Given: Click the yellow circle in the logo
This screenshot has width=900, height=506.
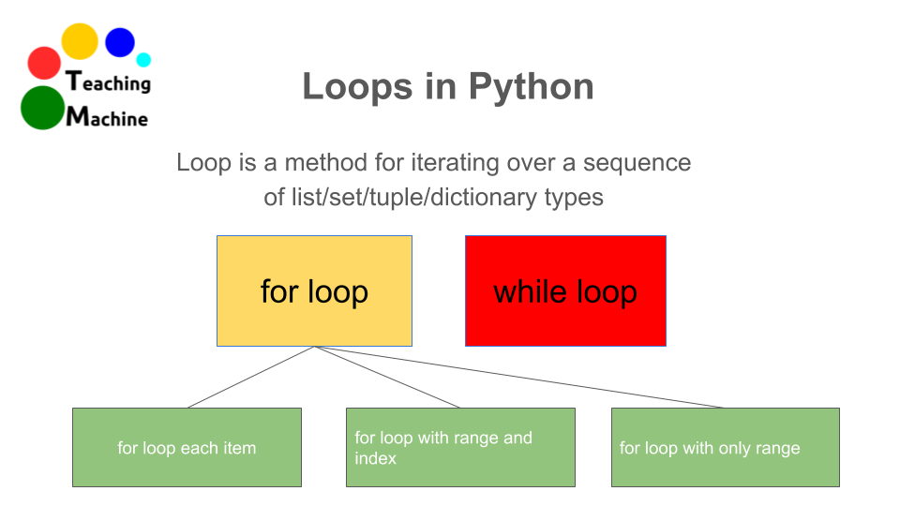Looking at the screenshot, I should [80, 41].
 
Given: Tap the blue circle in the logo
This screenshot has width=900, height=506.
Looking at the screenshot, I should [120, 42].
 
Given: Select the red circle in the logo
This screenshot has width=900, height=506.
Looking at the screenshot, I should [44, 63].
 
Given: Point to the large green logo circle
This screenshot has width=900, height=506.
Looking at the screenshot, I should [41, 108].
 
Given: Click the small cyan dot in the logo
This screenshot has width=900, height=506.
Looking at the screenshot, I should [143, 60].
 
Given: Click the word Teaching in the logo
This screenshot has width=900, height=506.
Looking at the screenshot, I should [109, 82].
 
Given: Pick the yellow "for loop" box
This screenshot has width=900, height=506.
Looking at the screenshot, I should [314, 291].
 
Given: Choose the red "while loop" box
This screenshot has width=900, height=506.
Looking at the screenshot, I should [565, 291].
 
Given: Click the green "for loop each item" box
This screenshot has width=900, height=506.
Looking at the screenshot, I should [187, 448].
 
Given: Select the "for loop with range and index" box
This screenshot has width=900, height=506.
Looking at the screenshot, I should [460, 448].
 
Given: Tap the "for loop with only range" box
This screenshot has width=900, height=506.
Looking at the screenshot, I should [725, 448].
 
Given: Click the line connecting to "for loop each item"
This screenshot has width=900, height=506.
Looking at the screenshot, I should [251, 378].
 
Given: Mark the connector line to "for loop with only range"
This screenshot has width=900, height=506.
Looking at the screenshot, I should [519, 378].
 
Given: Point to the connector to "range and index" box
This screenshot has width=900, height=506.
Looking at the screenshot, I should [387, 378].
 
